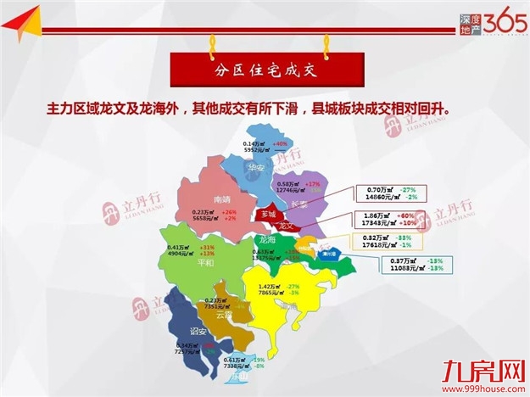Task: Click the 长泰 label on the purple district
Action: point(298,204)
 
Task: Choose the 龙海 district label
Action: point(265,240)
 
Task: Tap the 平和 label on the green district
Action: point(205,263)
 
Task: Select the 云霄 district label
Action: point(224,314)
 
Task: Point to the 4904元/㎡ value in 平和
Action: point(183,253)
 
